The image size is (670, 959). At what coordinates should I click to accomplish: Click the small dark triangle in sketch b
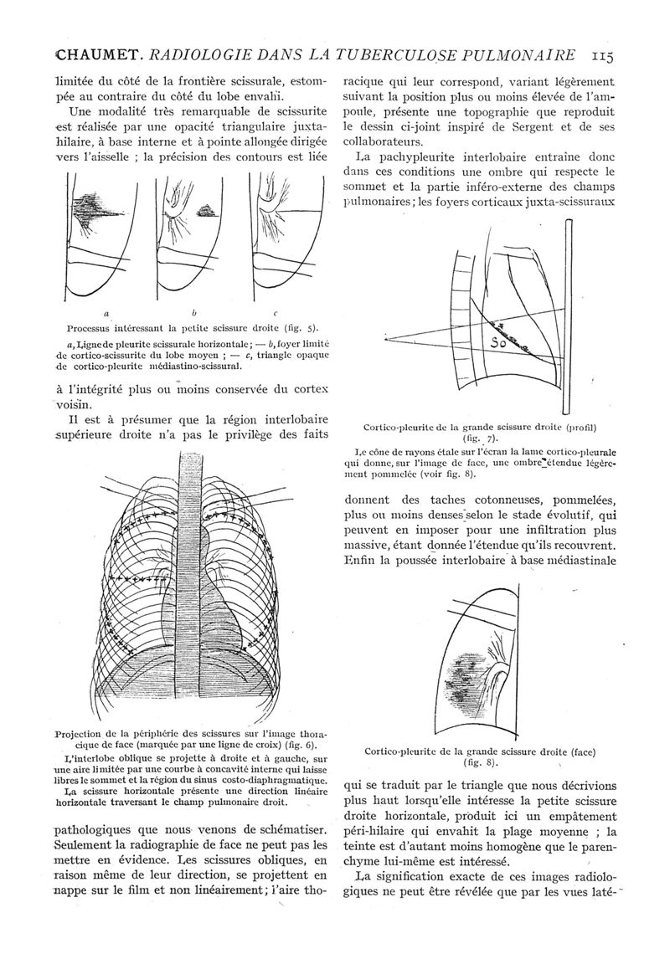(x=207, y=212)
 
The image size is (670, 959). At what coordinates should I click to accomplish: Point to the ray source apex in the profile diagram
(x=387, y=340)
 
